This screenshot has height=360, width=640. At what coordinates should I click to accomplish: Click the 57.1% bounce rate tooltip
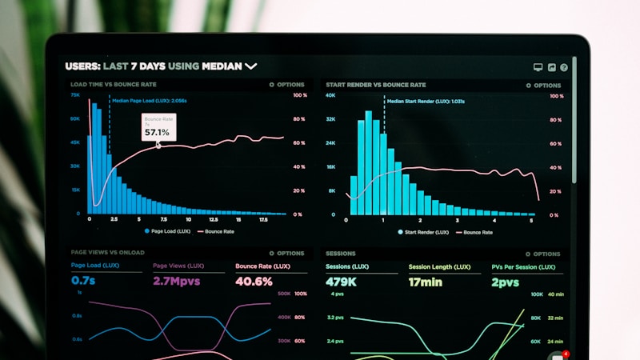[x=157, y=127]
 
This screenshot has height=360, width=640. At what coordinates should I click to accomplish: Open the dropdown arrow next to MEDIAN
[x=251, y=66]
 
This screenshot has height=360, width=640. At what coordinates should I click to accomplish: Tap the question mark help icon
[x=564, y=68]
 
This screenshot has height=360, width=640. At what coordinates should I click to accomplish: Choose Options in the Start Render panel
[x=544, y=85]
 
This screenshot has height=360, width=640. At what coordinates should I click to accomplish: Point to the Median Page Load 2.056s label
[x=150, y=101]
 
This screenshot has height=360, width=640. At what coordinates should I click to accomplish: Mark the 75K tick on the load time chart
[x=75, y=95]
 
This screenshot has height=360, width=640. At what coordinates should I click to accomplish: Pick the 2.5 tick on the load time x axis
[x=114, y=219]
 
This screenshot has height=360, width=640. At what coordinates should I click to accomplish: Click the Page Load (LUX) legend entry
[x=167, y=231]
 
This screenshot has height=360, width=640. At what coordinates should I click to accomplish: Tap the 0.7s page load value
[x=83, y=282]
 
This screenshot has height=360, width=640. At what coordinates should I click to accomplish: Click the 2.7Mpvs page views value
[x=176, y=282]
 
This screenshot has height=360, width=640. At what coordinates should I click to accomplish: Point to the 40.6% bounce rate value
[x=254, y=282]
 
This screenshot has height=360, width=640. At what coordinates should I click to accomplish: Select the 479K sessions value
[x=342, y=282]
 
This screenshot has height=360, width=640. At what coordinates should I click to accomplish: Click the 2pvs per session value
[x=505, y=282]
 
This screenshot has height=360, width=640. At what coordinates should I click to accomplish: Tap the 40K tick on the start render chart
[x=330, y=95]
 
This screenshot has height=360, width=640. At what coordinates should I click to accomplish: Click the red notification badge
[x=566, y=353]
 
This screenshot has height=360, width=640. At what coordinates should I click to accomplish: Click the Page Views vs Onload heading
[x=107, y=253]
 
